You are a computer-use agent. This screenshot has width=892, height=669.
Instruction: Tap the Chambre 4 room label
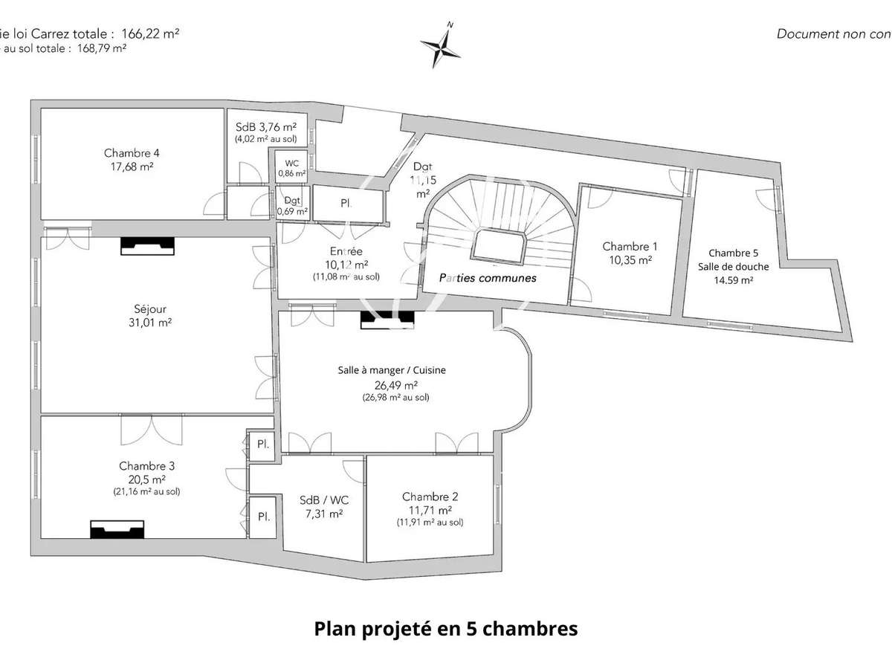[x=132, y=154]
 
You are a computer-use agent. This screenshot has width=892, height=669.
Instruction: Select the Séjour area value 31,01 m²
[x=146, y=322]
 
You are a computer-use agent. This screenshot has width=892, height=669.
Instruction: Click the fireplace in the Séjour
[x=148, y=246]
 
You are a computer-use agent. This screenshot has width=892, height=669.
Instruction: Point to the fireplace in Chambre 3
[x=117, y=529]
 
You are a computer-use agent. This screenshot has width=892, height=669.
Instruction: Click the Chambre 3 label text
[x=147, y=466]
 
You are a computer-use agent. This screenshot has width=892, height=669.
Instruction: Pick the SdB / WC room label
[x=323, y=499]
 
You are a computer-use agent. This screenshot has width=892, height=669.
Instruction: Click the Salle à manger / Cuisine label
[x=392, y=370]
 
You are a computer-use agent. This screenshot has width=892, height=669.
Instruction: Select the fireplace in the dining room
[x=387, y=319]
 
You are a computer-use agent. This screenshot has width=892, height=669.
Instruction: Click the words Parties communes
[x=488, y=278]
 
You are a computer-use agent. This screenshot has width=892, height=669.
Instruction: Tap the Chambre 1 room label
[x=630, y=246]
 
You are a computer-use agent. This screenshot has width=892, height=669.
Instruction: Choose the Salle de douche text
[x=733, y=266]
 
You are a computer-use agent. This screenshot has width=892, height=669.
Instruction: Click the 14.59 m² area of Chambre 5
[x=733, y=280]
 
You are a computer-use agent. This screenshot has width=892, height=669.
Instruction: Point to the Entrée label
[x=346, y=252]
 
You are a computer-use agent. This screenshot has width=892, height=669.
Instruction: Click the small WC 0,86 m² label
[x=291, y=168]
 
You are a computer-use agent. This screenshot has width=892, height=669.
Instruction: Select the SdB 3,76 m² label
[x=265, y=126]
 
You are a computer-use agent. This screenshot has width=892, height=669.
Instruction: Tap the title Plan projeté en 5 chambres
[x=446, y=629]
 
